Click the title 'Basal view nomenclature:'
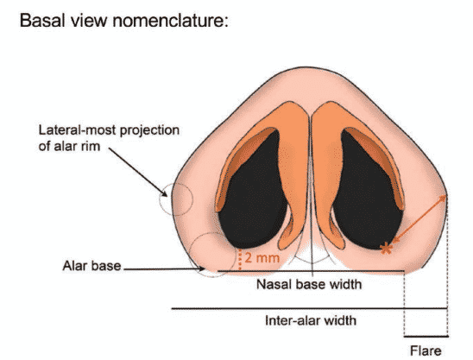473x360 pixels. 124,21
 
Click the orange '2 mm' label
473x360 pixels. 262,258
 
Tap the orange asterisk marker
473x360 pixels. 386,249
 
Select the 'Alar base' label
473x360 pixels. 91,266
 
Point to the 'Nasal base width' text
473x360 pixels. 309,284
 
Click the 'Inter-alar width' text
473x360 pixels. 311,320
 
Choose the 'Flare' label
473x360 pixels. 426,351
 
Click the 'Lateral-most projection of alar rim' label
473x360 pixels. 109,138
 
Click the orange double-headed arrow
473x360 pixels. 419,219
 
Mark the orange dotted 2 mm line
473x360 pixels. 240,260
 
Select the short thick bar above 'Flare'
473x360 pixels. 426,336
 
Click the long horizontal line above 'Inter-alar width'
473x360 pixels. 310,308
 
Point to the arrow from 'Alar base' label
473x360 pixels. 164,268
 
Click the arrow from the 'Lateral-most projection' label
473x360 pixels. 137,172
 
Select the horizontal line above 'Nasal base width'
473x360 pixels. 311,271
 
